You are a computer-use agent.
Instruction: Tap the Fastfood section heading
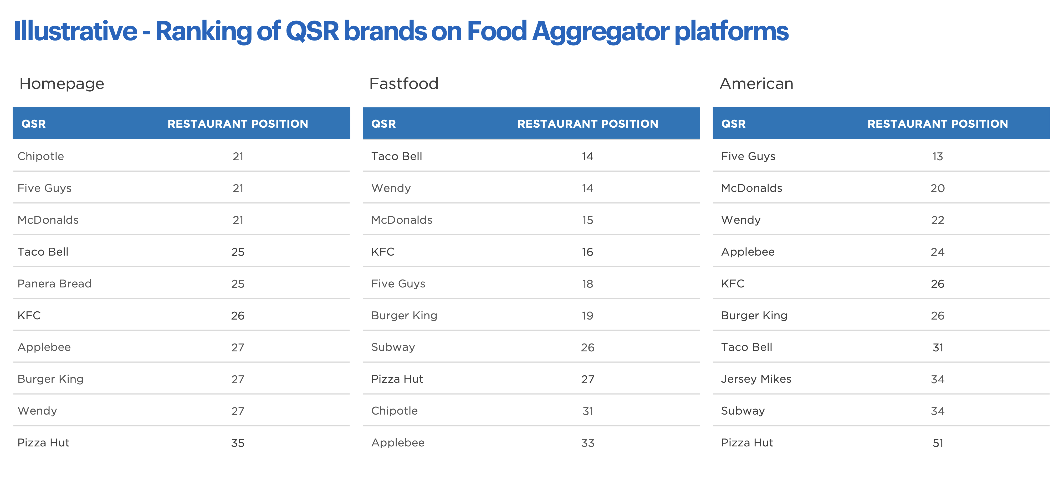pyautogui.click(x=403, y=83)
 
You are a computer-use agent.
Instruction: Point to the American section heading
pyautogui.click(x=756, y=83)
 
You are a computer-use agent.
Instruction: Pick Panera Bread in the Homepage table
pyautogui.click(x=54, y=284)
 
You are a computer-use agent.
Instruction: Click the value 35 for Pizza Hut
pyautogui.click(x=238, y=443)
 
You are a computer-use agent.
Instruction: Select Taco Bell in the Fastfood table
pyautogui.click(x=397, y=156)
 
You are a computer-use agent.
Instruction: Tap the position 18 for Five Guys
pyautogui.click(x=587, y=284)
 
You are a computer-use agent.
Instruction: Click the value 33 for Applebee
pyautogui.click(x=588, y=443)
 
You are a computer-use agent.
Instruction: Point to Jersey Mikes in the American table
pyautogui.click(x=756, y=379)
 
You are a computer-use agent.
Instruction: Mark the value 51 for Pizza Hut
pyautogui.click(x=938, y=443)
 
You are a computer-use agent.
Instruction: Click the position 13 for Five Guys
pyautogui.click(x=938, y=156)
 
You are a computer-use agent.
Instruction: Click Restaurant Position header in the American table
pyautogui.click(x=938, y=124)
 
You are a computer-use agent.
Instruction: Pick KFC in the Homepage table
pyautogui.click(x=29, y=316)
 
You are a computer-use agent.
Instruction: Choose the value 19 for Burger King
pyautogui.click(x=587, y=316)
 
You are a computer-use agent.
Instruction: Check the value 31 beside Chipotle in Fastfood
pyautogui.click(x=588, y=411)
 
